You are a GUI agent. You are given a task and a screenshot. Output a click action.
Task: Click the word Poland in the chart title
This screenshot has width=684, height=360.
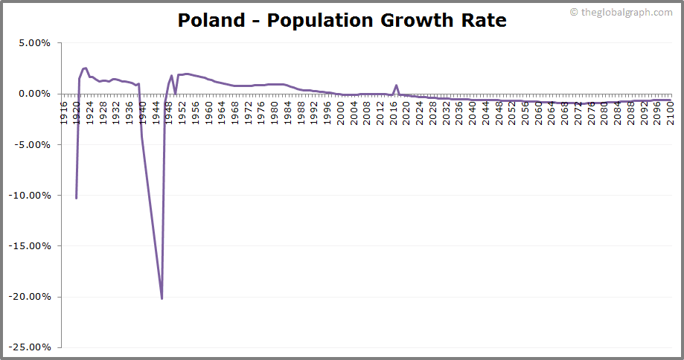(x=209, y=20)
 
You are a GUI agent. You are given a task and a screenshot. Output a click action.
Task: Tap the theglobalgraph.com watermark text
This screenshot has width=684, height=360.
(x=625, y=12)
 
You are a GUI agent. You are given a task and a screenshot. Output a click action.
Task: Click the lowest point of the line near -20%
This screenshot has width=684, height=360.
(x=162, y=298)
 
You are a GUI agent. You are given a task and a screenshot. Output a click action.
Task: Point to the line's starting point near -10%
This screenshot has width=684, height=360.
(x=76, y=198)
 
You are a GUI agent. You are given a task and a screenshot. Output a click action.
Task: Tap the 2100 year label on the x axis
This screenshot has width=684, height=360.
(x=670, y=115)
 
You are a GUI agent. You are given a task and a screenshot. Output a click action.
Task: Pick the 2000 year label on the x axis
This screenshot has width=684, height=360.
(x=340, y=115)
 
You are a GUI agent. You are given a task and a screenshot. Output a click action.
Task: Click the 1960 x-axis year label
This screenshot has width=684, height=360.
(x=208, y=115)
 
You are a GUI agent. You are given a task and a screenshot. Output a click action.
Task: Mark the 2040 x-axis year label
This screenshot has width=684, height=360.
(x=472, y=115)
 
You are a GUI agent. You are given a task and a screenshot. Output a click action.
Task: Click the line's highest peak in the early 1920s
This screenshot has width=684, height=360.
(x=85, y=68)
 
